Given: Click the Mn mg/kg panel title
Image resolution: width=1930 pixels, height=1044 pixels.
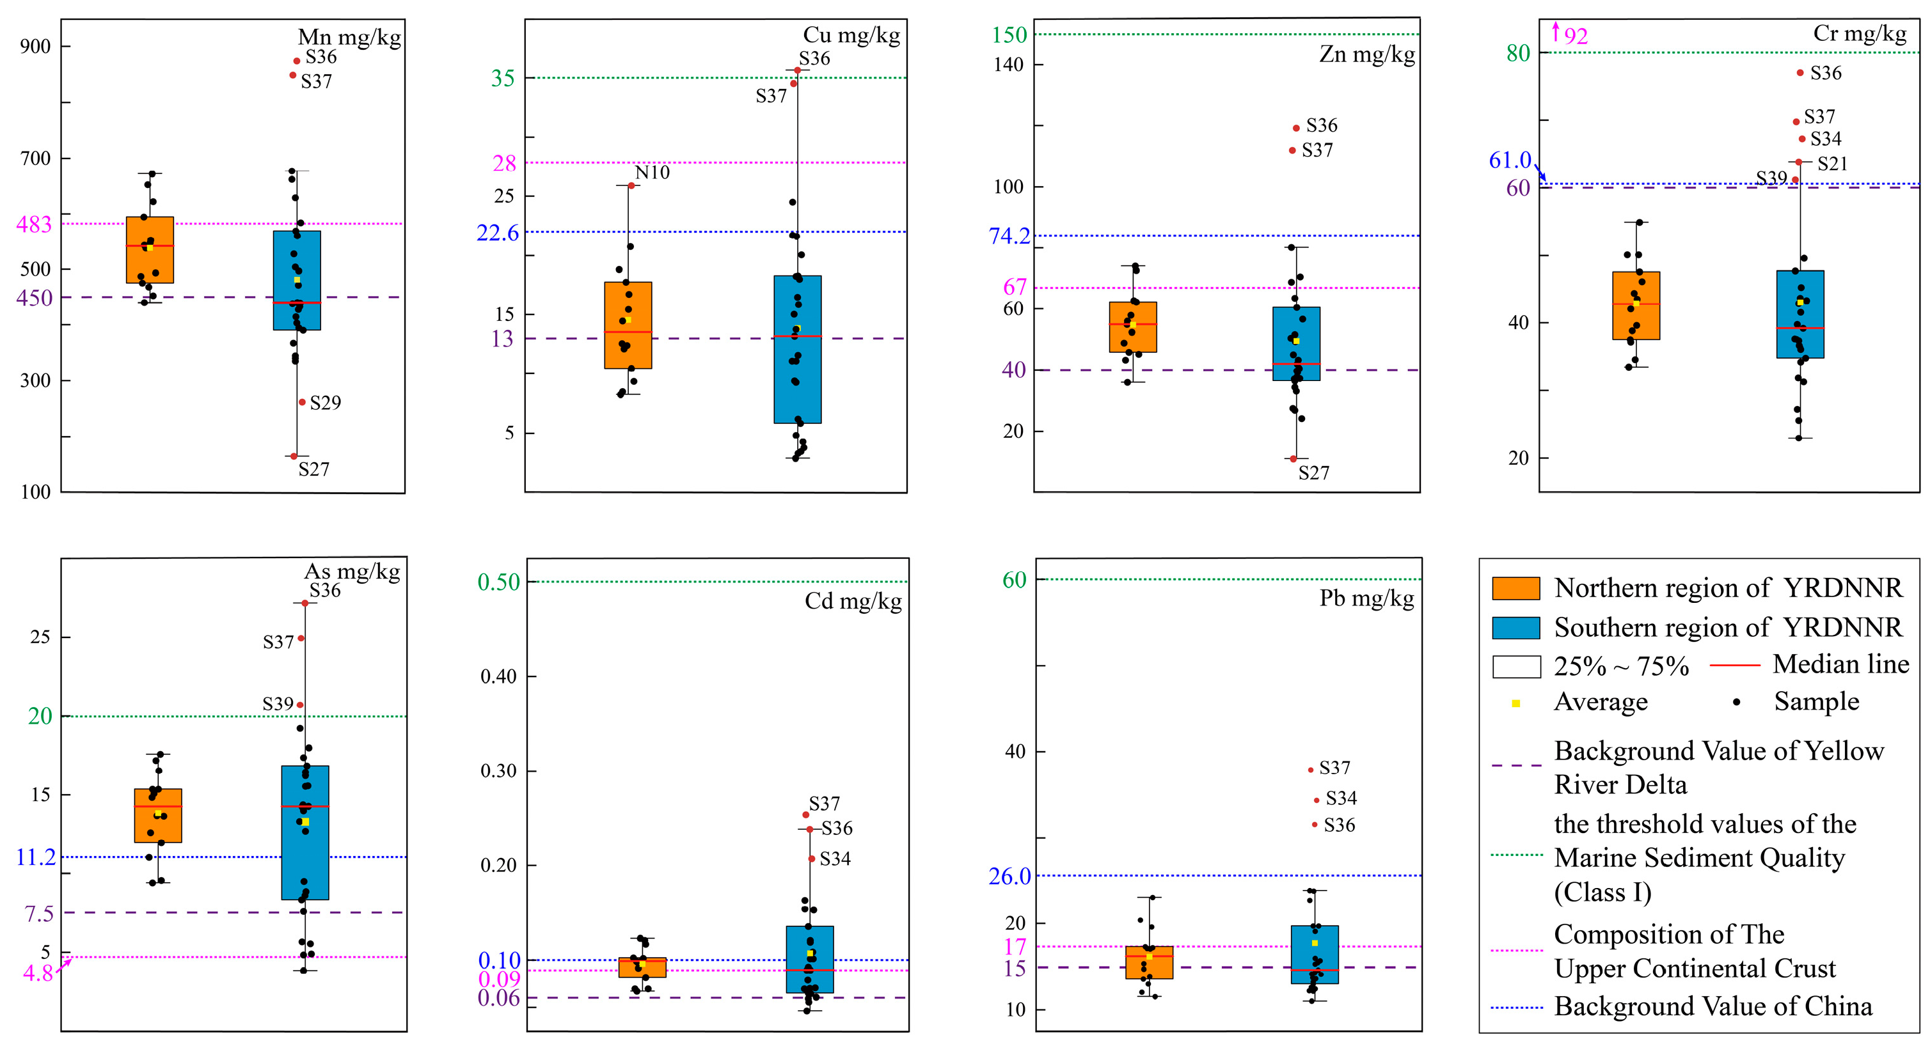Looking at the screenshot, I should pos(349,36).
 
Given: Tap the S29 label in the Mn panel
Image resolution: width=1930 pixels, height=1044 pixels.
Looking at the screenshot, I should pos(325,403).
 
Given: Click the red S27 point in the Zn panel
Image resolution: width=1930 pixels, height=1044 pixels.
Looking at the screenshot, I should pos(1293,458).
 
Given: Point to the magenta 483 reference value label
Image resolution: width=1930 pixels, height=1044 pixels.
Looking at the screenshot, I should pos(34,224).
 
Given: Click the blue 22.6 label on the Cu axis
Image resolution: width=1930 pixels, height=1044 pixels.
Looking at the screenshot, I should pos(498,233).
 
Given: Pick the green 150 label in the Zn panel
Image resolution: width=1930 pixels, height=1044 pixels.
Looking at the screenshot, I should pos(1009,35).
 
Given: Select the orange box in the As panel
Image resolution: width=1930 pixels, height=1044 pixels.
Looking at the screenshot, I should pos(158,816).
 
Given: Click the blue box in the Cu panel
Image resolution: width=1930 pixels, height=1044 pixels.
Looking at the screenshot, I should pos(797,349).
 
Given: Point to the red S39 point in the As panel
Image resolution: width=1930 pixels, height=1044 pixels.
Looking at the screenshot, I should pos(301,705).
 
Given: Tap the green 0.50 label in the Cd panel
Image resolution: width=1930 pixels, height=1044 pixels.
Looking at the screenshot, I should pos(498,582).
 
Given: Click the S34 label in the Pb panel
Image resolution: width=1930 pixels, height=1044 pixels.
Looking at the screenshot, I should pos(1341,798).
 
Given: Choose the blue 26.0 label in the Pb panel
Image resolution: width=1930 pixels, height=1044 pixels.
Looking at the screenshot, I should pos(1009,876).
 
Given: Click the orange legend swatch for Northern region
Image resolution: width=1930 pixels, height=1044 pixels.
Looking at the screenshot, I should pos(1515,589).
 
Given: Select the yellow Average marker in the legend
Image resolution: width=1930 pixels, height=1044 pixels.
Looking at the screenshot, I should pos(1515,703).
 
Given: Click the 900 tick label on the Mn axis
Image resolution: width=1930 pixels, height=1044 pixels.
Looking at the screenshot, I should pos(35,47).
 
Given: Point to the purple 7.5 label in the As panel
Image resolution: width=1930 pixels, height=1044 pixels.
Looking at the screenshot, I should pos(39,914).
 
